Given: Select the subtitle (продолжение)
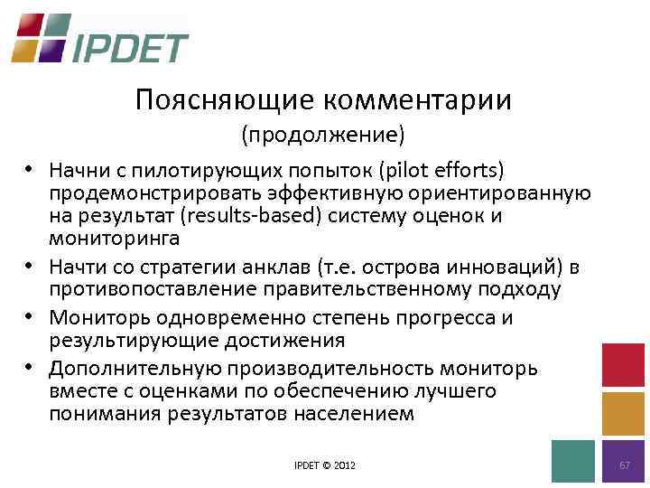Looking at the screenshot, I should [x=322, y=136].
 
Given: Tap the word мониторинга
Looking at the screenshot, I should [x=114, y=239].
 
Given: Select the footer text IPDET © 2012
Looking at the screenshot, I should [x=325, y=465].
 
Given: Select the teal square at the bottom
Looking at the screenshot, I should [x=573, y=461].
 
